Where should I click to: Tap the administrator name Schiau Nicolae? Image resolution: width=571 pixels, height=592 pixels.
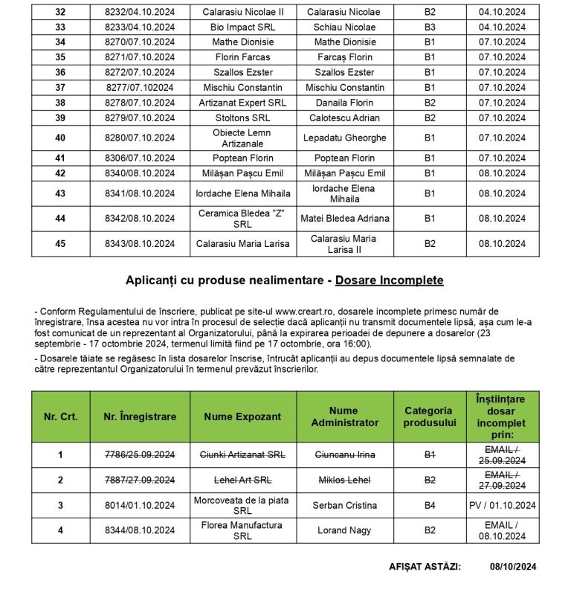pyautogui.click(x=345, y=27)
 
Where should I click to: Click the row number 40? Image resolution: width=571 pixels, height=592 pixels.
pyautogui.click(x=60, y=138)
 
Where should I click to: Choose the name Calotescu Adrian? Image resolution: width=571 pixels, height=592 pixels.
pyautogui.click(x=345, y=118)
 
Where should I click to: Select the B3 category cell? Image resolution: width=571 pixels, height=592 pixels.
pyautogui.click(x=430, y=27)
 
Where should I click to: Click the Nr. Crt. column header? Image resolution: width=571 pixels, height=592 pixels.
pyautogui.click(x=60, y=416)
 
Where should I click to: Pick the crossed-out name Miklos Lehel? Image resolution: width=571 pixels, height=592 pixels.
pyautogui.click(x=345, y=480)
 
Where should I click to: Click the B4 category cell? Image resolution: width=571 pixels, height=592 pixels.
pyautogui.click(x=430, y=505)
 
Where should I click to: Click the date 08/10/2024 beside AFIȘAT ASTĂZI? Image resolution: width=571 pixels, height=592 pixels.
pyautogui.click(x=513, y=566)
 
